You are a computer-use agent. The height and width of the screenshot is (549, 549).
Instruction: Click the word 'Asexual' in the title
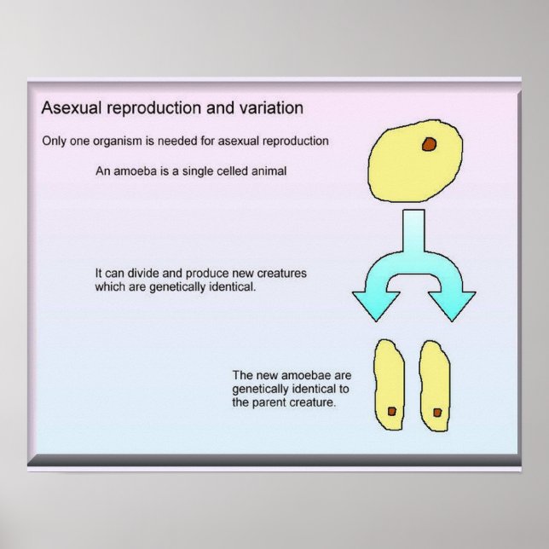click(69, 109)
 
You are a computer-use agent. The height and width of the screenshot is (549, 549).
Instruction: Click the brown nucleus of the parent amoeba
click(429, 144)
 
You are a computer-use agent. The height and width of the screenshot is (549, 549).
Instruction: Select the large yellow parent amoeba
click(409, 166)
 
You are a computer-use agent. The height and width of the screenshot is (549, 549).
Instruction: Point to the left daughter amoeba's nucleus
click(391, 411)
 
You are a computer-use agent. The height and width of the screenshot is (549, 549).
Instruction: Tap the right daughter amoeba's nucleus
click(437, 413)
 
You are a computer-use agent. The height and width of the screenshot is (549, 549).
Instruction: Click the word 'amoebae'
click(302, 375)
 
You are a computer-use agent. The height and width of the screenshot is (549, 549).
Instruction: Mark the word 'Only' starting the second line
click(55, 141)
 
